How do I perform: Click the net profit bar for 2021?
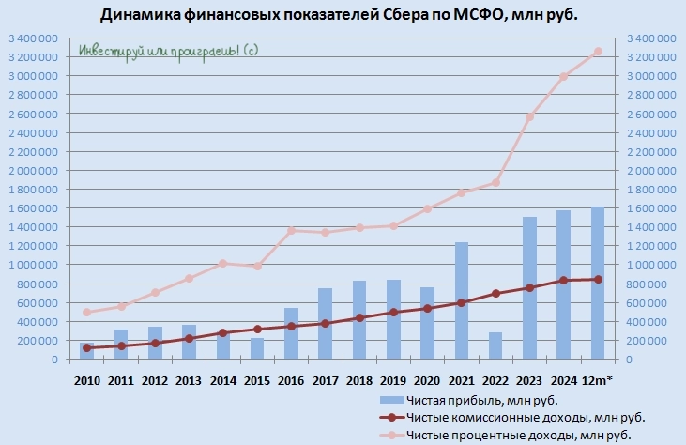click(461, 300)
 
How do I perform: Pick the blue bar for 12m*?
click(598, 283)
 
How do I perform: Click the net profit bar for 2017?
click(325, 324)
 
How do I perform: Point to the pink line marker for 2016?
click(291, 230)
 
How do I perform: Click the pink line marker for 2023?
click(529, 116)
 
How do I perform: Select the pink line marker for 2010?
click(87, 312)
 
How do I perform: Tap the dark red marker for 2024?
click(563, 280)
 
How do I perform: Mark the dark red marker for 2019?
click(393, 312)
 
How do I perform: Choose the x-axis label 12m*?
click(598, 378)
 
